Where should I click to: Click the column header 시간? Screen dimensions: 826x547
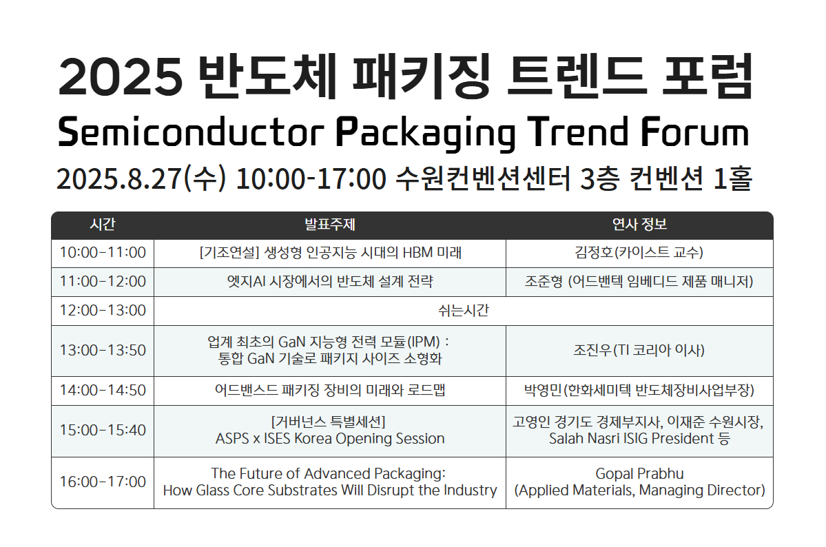click(102, 225)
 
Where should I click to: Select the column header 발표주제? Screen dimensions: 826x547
click(330, 225)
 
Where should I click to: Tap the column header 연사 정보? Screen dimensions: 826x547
click(639, 225)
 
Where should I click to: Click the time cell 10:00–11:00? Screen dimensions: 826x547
click(103, 252)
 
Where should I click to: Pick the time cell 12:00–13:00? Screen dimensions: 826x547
click(103, 310)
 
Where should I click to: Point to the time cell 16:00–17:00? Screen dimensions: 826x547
click(103, 482)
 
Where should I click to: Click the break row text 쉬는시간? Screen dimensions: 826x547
click(464, 310)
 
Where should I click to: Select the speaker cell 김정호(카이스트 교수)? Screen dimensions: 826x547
click(639, 252)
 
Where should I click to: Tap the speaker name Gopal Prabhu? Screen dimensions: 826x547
click(639, 473)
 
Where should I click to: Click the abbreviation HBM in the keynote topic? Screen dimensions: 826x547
click(417, 252)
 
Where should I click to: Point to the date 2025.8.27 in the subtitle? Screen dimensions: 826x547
click(119, 178)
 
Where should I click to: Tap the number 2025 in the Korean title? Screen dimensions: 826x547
click(121, 77)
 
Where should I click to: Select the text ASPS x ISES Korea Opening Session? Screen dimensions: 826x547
click(330, 438)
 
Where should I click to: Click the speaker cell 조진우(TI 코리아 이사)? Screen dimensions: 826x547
click(639, 350)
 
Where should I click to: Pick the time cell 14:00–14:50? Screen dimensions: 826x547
click(103, 390)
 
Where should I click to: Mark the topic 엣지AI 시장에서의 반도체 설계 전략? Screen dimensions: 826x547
click(330, 281)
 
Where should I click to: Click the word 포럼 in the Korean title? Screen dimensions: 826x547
click(708, 77)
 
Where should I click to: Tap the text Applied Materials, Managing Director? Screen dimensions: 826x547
click(639, 490)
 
